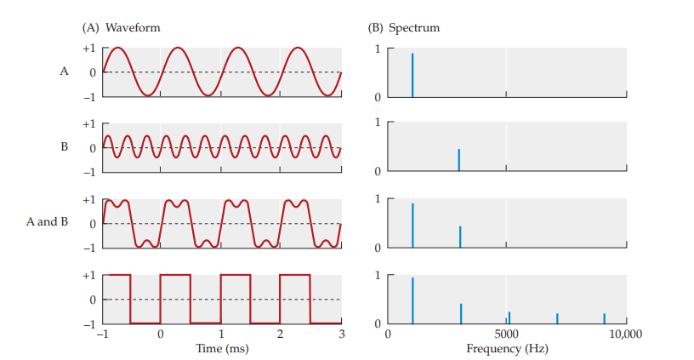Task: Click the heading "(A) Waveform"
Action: pyautogui.click(x=121, y=27)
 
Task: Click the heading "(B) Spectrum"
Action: pyautogui.click(x=404, y=27)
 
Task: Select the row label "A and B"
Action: pyautogui.click(x=47, y=223)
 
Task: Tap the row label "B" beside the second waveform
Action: pyautogui.click(x=64, y=147)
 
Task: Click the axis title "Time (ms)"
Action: pyautogui.click(x=222, y=349)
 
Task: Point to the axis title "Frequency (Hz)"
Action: pyautogui.click(x=507, y=349)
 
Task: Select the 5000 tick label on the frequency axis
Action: pyautogui.click(x=507, y=334)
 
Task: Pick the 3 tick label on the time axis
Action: pyautogui.click(x=341, y=334)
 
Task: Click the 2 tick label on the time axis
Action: pyautogui.click(x=282, y=334)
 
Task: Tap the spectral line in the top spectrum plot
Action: pyautogui.click(x=412, y=75)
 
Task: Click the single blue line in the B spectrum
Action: pyautogui.click(x=459, y=159)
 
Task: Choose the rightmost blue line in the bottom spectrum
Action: pyautogui.click(x=605, y=318)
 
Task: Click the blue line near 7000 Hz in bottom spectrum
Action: pyautogui.click(x=557, y=318)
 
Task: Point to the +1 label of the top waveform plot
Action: pyautogui.click(x=88, y=48)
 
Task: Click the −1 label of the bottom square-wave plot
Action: pyautogui.click(x=88, y=324)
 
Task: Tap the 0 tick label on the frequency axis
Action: pyautogui.click(x=388, y=334)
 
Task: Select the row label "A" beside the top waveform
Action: pyautogui.click(x=64, y=71)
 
